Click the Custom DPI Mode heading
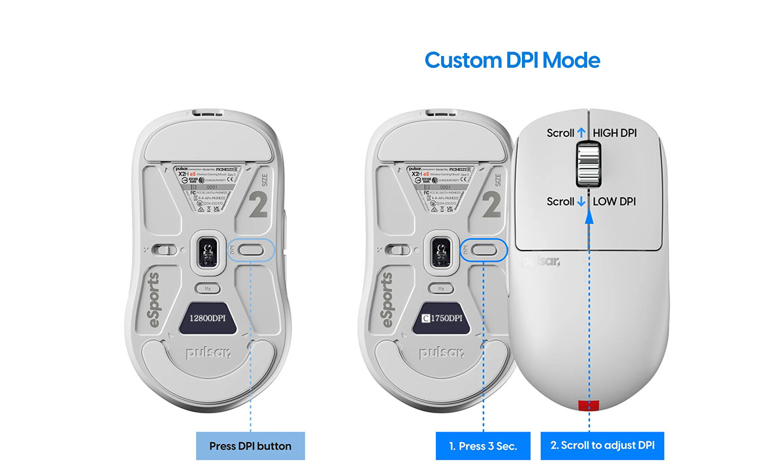512,60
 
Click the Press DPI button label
251,446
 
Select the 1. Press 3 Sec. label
483,446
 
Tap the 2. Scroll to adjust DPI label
602,446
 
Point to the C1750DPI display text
442,319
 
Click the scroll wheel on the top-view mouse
588,167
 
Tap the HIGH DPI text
614,133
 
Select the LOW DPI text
613,202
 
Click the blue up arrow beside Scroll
581,133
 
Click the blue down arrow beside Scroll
581,202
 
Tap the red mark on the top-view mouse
589,405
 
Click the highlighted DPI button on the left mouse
250,249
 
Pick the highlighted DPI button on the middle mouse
484,249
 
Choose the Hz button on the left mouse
208,288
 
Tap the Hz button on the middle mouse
442,288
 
